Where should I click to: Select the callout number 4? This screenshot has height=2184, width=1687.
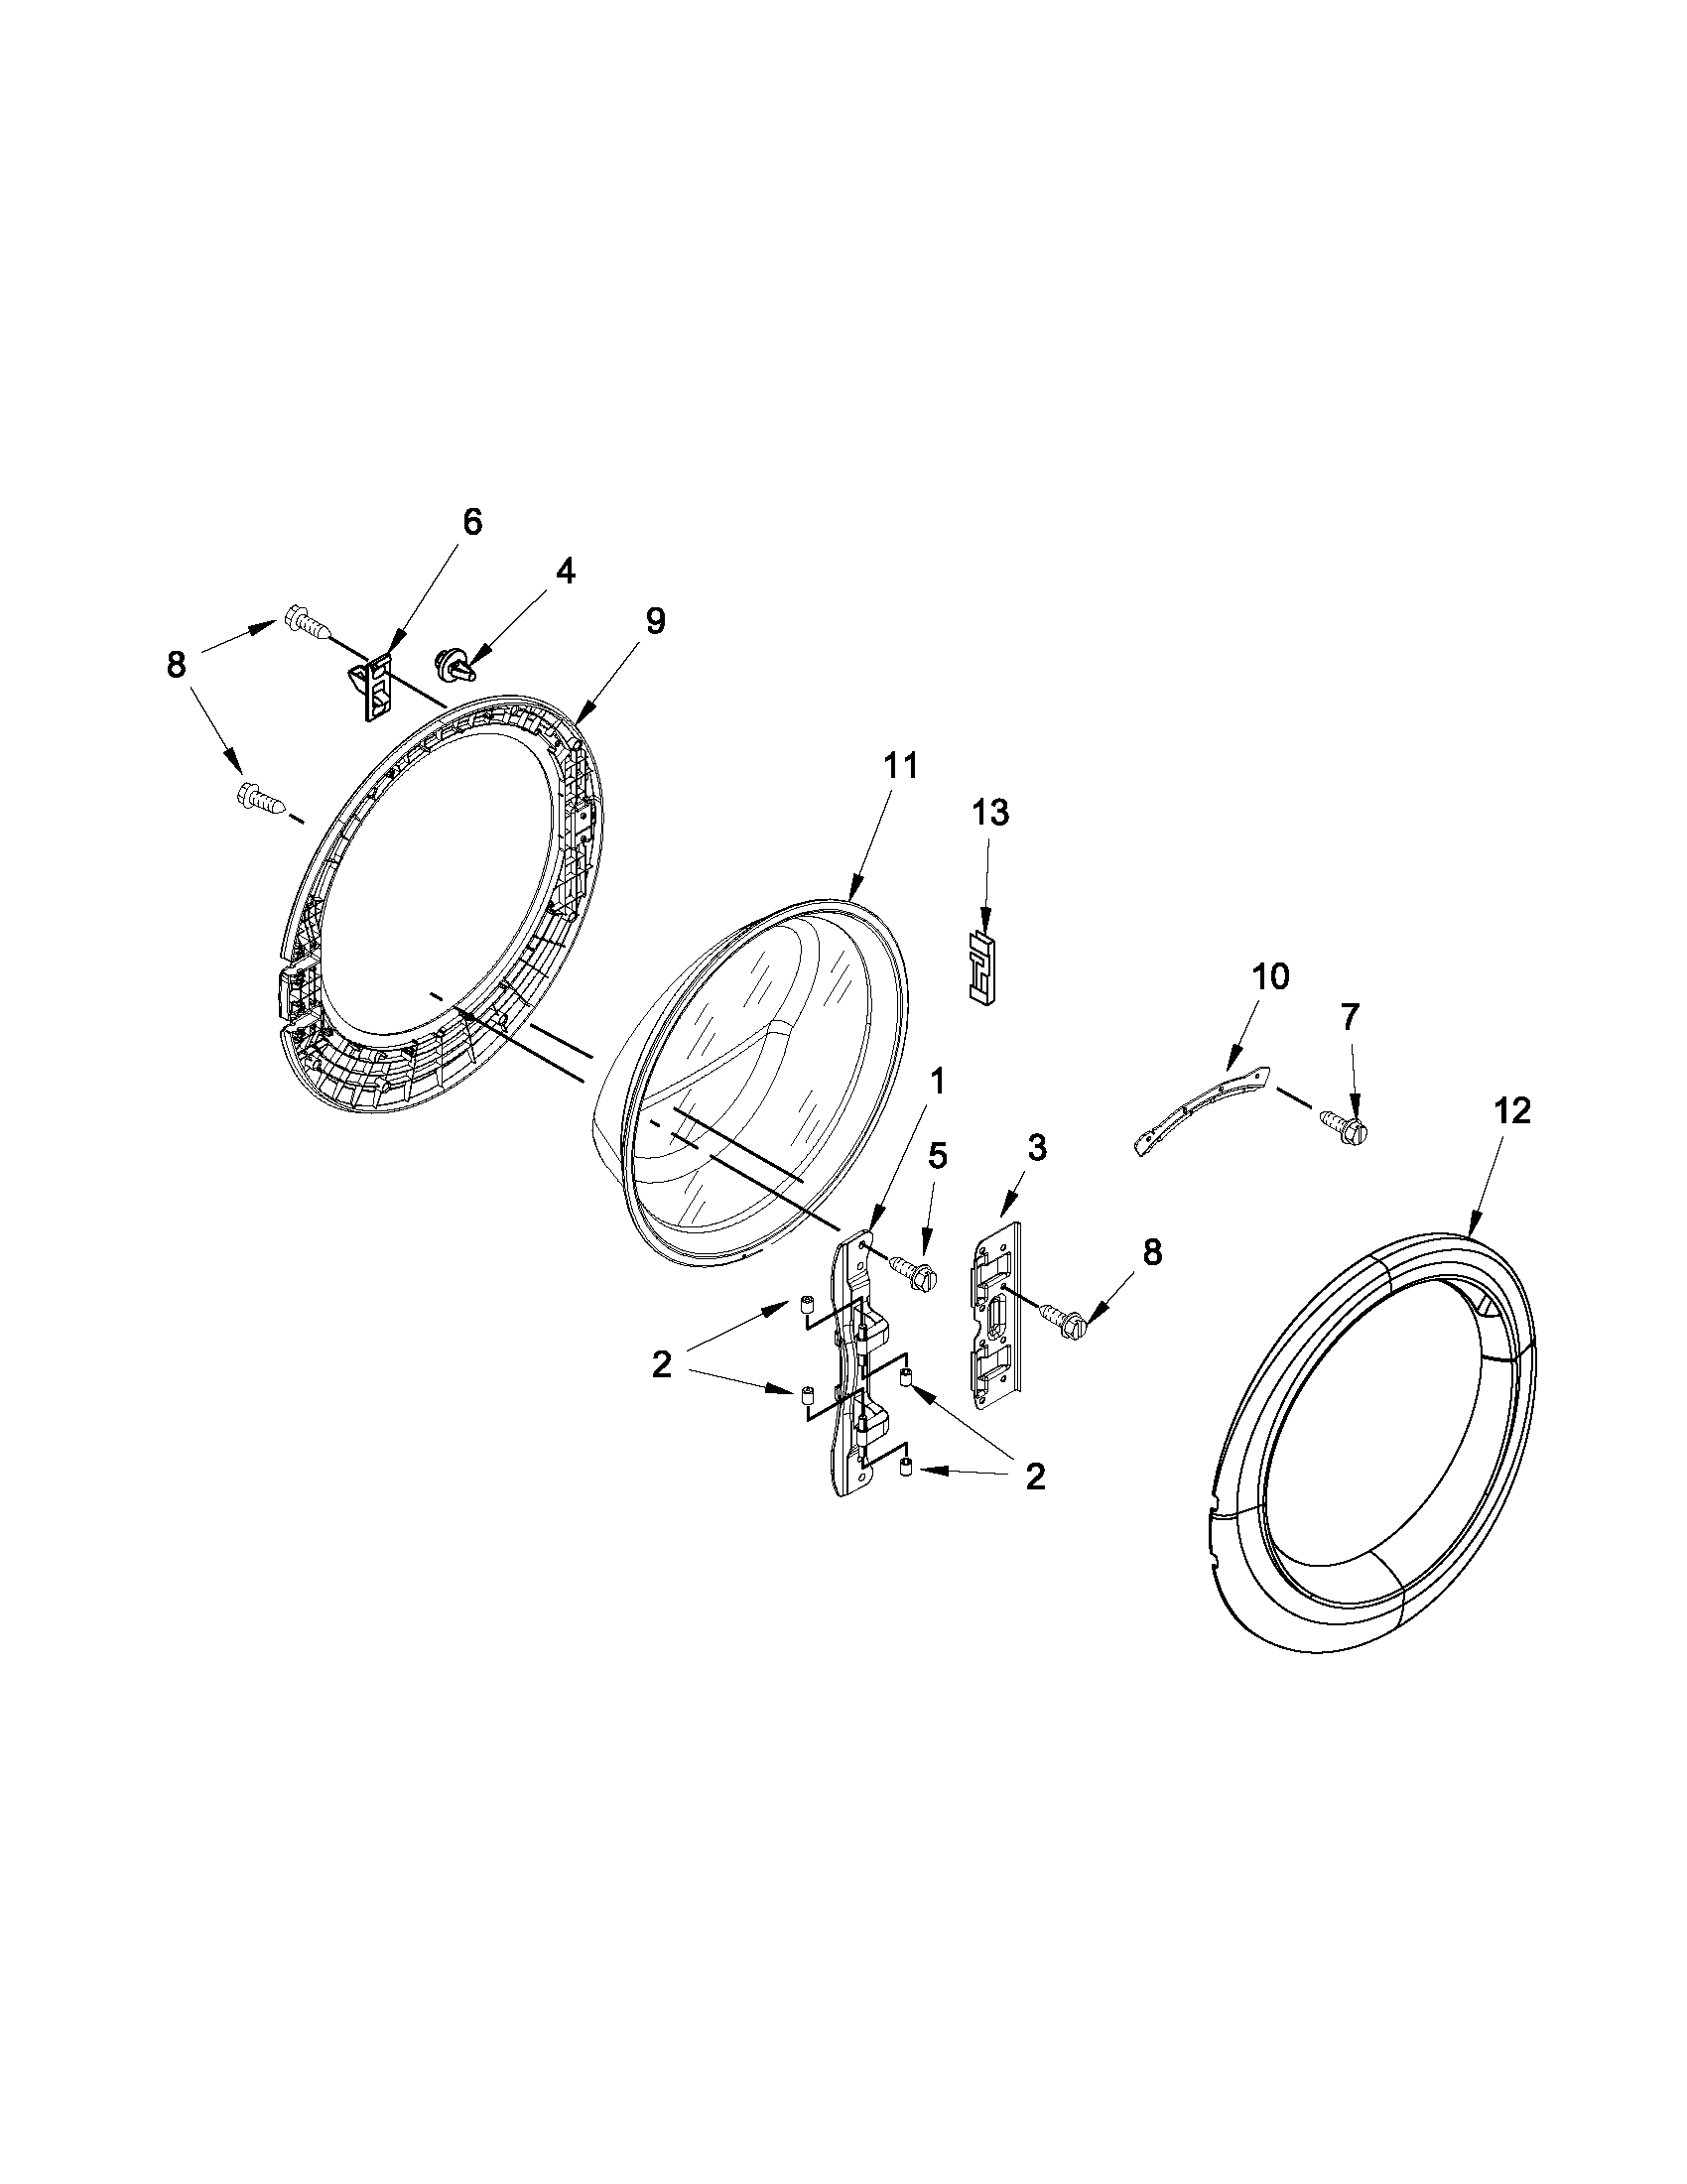pyautogui.click(x=565, y=571)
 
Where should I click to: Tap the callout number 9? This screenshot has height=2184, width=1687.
pyautogui.click(x=654, y=620)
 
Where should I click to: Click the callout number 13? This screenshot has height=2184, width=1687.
pyautogui.click(x=990, y=813)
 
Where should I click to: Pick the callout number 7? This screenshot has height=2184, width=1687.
pyautogui.click(x=1350, y=1017)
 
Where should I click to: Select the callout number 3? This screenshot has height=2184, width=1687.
pyautogui.click(x=1037, y=1149)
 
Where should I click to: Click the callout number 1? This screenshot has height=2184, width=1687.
pyautogui.click(x=937, y=1081)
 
